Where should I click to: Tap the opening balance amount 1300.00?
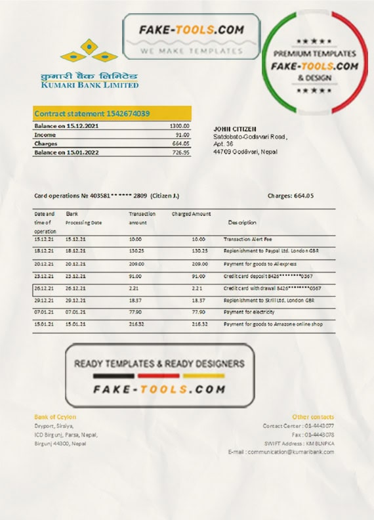click(180, 125)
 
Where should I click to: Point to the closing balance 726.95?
click(181, 152)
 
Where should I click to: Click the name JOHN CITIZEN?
click(235, 129)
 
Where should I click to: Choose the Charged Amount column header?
click(191, 214)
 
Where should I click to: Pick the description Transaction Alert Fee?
click(247, 240)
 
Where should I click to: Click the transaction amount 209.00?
click(136, 263)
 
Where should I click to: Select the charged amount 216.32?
click(199, 324)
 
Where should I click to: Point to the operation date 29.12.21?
click(43, 299)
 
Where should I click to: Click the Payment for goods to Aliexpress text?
click(257, 263)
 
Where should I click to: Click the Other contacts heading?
click(313, 417)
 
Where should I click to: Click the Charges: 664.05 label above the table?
click(291, 196)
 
